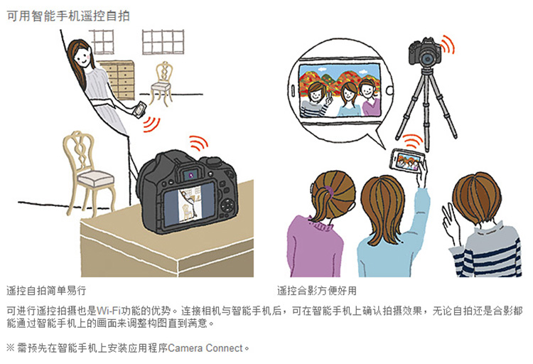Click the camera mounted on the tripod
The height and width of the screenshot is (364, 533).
click(x=425, y=53)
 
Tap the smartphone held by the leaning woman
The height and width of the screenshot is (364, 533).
click(x=139, y=109)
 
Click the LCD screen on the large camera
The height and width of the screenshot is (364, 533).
click(x=189, y=204)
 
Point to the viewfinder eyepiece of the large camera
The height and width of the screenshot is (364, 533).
click(x=191, y=175)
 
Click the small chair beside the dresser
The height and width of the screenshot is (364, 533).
click(x=161, y=83)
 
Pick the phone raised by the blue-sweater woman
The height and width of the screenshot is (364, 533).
click(x=408, y=159)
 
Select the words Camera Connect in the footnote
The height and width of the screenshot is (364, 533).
click(x=205, y=348)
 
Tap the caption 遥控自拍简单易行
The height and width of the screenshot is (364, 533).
click(x=46, y=291)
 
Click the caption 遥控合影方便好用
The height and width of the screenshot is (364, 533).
click(x=317, y=291)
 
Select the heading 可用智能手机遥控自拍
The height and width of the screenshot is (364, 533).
click(x=68, y=16)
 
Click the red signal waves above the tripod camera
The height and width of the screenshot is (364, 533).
click(x=447, y=44)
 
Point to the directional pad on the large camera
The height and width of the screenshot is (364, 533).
click(x=227, y=205)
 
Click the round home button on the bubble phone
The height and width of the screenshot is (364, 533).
click(x=389, y=90)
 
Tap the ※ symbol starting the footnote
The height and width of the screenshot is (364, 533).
click(x=11, y=348)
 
